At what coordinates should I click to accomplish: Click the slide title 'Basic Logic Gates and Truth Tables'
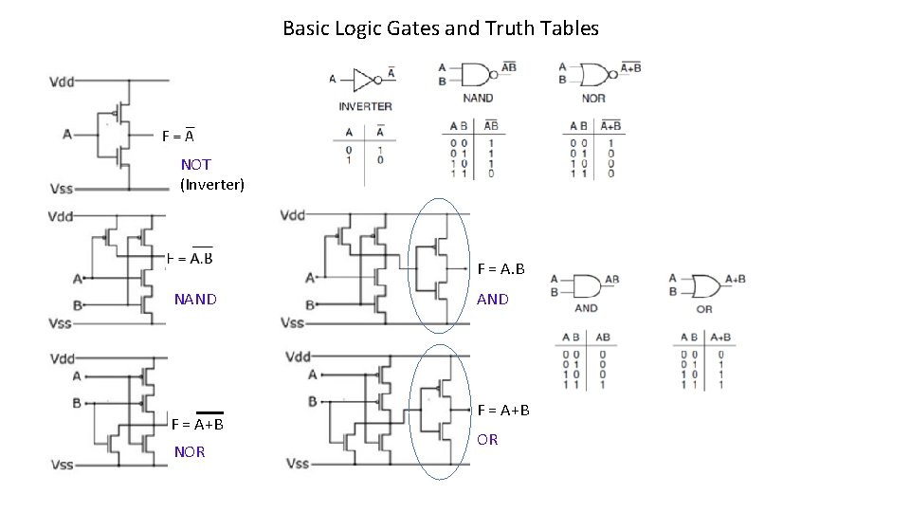tap(441, 28)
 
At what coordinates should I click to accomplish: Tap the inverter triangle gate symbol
tap(364, 80)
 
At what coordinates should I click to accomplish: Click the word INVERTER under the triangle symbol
tap(365, 106)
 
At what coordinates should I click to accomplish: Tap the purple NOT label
tap(196, 164)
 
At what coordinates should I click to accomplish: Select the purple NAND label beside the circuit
tap(195, 300)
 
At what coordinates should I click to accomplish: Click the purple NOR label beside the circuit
tap(190, 451)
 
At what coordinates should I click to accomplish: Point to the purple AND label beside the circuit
tap(493, 299)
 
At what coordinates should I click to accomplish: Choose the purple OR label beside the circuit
tap(487, 439)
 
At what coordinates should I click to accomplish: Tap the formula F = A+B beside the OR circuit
tap(503, 410)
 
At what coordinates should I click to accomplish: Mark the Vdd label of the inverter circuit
tap(62, 82)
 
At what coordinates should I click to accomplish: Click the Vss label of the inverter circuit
tap(62, 190)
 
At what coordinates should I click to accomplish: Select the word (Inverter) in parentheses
tap(212, 184)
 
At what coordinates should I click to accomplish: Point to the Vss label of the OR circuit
tap(298, 464)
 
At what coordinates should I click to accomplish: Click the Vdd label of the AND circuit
tap(294, 215)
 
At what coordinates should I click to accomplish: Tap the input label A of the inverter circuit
tap(67, 135)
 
